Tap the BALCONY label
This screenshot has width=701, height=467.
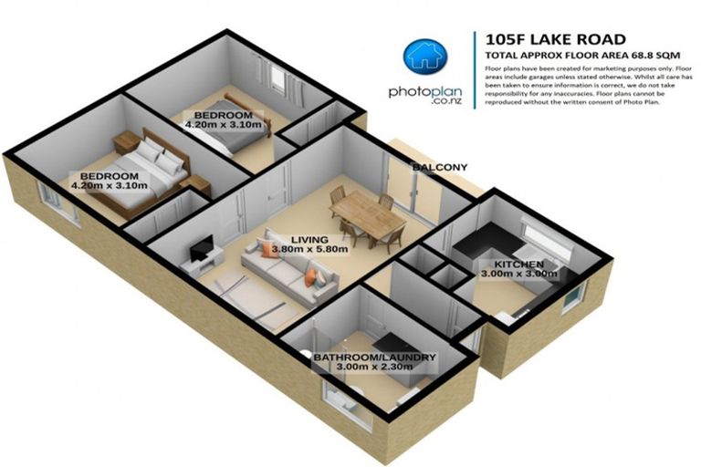point(439,168)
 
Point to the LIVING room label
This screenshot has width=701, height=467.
point(284,238)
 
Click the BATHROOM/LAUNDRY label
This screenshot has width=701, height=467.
point(374,357)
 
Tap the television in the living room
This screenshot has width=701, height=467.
point(203,245)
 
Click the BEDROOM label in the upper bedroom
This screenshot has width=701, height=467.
point(225,116)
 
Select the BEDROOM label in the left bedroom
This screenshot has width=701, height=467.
point(109,176)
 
